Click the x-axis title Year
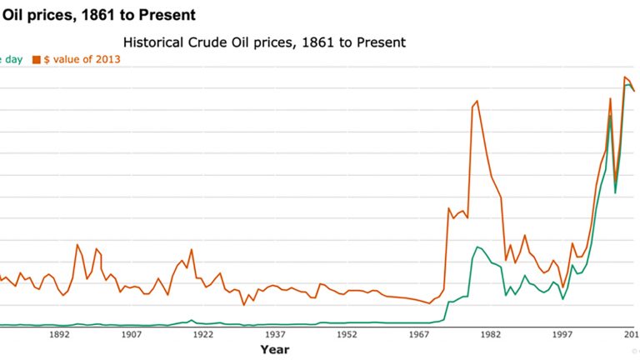point(275,349)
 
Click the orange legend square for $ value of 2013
point(36,60)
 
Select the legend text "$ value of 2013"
point(82,60)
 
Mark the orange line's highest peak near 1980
point(477,102)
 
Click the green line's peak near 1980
point(477,247)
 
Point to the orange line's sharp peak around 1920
point(192,249)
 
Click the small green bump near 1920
point(192,320)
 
